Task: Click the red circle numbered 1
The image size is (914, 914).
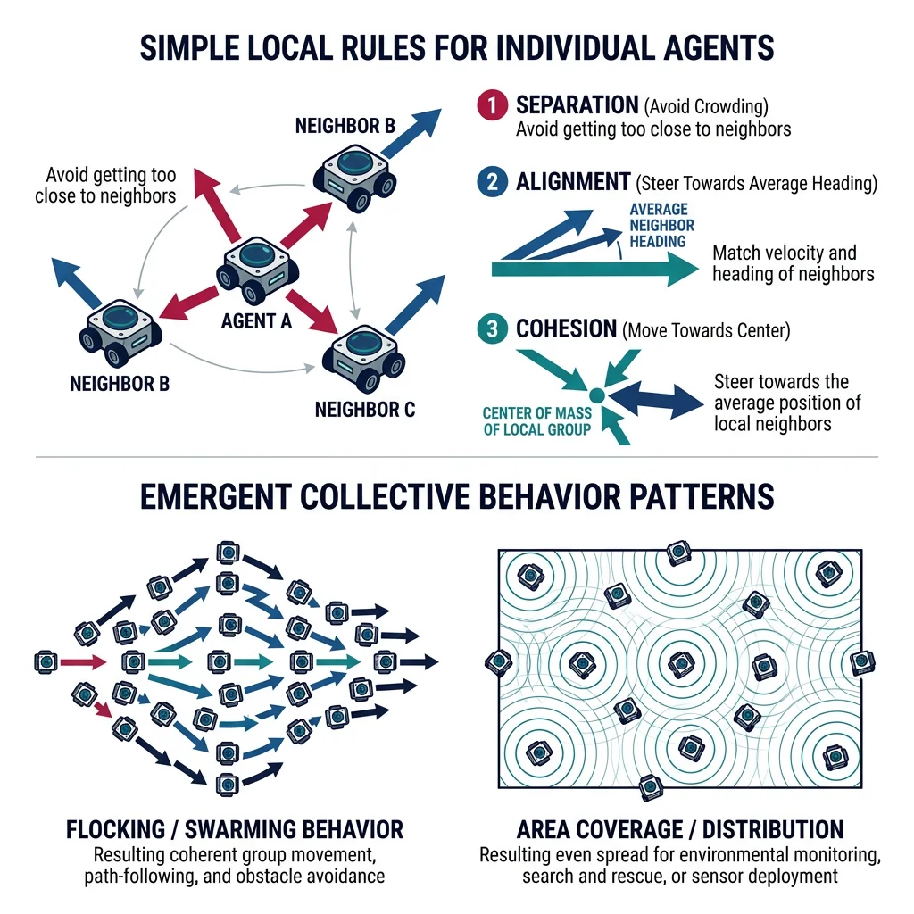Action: (x=492, y=105)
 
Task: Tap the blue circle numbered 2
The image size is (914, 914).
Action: (x=492, y=183)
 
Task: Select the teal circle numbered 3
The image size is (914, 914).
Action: (x=492, y=329)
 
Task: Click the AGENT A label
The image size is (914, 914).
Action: (x=256, y=320)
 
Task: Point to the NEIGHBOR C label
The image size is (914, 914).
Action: (x=365, y=411)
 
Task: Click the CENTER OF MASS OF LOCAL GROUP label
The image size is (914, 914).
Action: (x=536, y=421)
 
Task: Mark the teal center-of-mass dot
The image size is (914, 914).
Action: (x=597, y=392)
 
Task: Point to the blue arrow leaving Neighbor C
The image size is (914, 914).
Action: (x=414, y=303)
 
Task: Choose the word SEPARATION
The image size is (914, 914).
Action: (x=577, y=105)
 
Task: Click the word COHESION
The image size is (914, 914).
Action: (x=566, y=329)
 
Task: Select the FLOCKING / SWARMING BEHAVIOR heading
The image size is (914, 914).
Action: (x=235, y=828)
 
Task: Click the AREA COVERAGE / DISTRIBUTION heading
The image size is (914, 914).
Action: (x=679, y=828)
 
